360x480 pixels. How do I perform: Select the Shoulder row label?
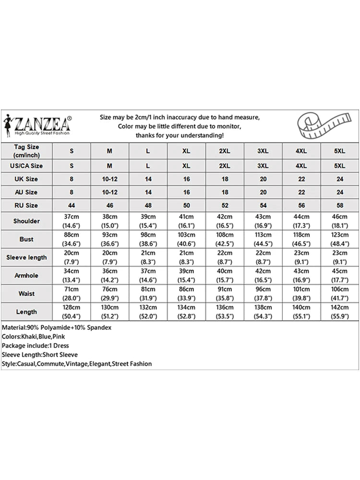pos(26,221)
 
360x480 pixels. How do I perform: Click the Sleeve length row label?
pos(26,257)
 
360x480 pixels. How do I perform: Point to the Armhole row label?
pos(26,276)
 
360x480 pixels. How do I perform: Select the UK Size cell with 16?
pos(186,179)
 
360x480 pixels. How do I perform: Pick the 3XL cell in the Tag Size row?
pos(263,151)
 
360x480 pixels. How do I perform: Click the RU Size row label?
pos(26,205)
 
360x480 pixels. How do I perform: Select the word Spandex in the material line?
pos(99,327)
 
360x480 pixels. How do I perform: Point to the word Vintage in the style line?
pos(77,364)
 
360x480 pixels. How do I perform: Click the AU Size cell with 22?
pos(301,192)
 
